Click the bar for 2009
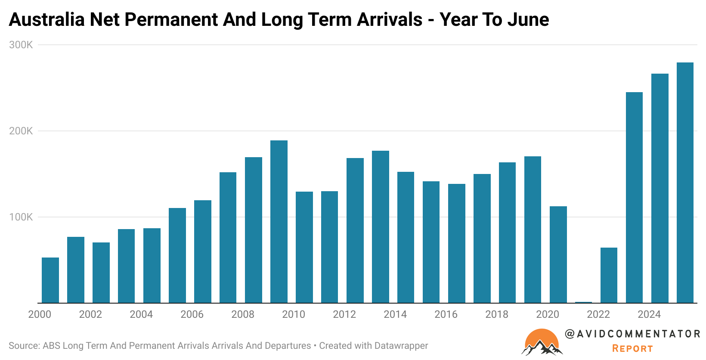click(279, 222)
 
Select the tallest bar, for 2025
click(685, 183)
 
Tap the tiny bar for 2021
click(583, 302)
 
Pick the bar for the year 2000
click(50, 280)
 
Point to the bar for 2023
click(634, 198)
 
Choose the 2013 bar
click(381, 227)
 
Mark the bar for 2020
click(558, 254)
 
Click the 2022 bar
click(609, 275)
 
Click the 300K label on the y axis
click(21, 45)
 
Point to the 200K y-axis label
click(21, 131)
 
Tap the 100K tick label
click(21, 217)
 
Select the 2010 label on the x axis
click(294, 314)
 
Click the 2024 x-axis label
click(649, 314)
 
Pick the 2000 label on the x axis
click(40, 314)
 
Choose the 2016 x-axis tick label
click(446, 314)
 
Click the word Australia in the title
click(46, 20)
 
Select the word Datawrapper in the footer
click(401, 346)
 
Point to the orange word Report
click(632, 349)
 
